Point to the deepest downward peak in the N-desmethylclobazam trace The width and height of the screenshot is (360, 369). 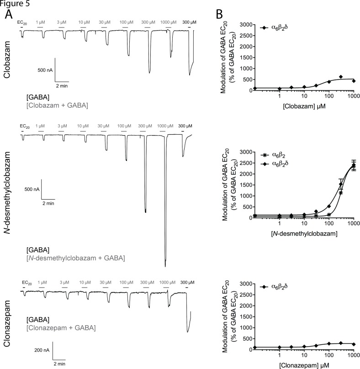(165, 266)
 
